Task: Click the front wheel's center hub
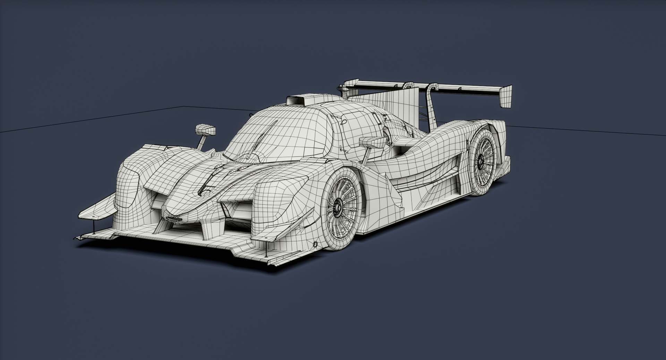point(337,208)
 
